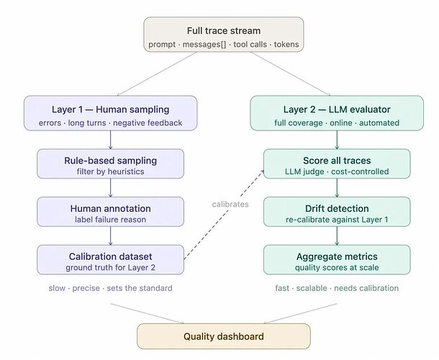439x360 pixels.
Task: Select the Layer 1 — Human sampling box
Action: tap(110, 114)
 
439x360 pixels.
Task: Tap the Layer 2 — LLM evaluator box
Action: tap(336, 114)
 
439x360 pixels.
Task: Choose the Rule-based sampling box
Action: tap(110, 163)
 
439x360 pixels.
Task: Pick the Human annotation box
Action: tap(110, 212)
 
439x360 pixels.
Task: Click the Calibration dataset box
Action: tap(110, 259)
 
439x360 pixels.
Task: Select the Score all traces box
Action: tap(336, 163)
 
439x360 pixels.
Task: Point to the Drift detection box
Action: tap(336, 212)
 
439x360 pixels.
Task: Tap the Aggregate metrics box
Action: tap(336, 259)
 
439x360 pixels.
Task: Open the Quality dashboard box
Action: tap(223, 336)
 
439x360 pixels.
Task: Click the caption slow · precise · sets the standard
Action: tap(110, 288)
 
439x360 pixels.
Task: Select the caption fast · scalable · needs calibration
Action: tap(336, 288)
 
